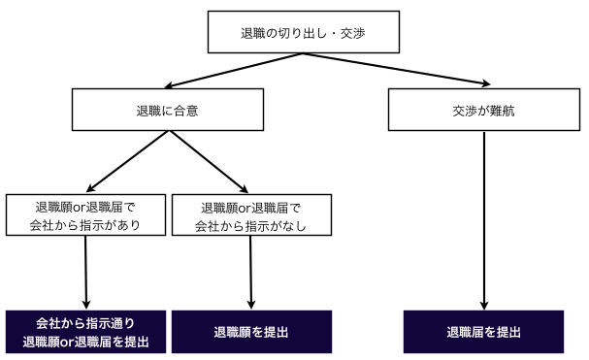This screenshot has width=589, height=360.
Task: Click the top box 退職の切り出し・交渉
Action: coord(302,33)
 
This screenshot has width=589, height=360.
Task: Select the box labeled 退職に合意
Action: coord(170,110)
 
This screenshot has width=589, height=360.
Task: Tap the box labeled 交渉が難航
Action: coord(483,110)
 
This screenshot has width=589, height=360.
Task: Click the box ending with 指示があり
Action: coord(86,216)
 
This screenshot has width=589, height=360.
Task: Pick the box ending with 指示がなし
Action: coord(251,216)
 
